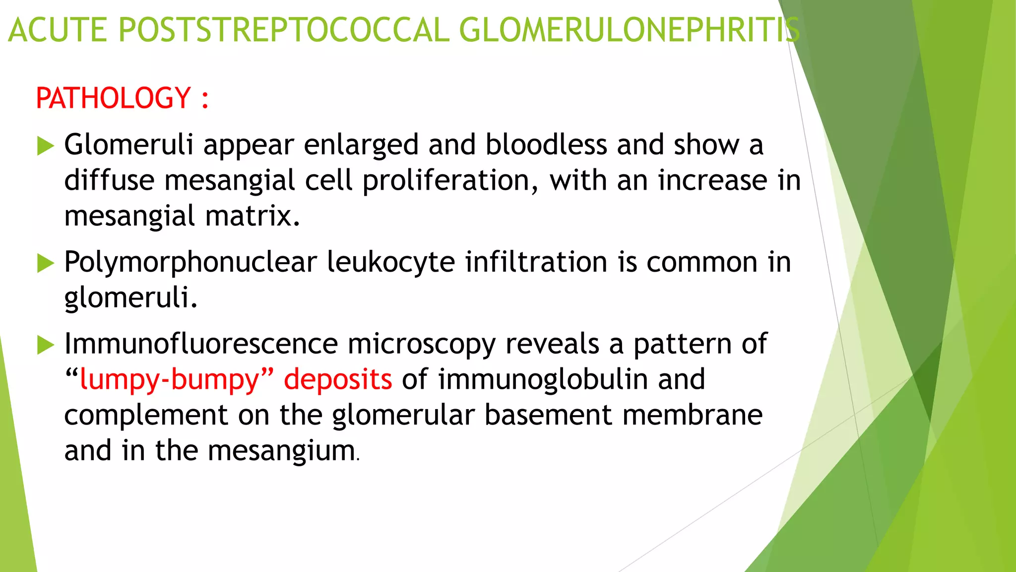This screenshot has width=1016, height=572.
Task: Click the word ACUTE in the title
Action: pyautogui.click(x=58, y=30)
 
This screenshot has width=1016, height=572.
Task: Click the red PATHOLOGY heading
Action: pyautogui.click(x=113, y=98)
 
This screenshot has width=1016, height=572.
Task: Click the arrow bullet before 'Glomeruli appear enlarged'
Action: pyautogui.click(x=46, y=146)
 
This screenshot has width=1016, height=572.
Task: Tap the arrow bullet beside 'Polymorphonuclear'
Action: pyautogui.click(x=46, y=263)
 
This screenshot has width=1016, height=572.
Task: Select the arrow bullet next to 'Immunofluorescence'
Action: pyautogui.click(x=46, y=345)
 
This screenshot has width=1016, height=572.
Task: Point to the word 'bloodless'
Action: pyautogui.click(x=546, y=145)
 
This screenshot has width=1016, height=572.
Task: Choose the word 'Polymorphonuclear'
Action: pyautogui.click(x=190, y=263)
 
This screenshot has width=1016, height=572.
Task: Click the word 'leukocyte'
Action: pyautogui.click(x=390, y=263)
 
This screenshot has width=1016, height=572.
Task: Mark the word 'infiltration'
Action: pyautogui.click(x=536, y=262)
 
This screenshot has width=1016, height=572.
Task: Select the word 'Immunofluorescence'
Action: pyautogui.click(x=201, y=344)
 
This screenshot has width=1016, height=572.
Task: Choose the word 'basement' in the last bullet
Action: pyautogui.click(x=548, y=415)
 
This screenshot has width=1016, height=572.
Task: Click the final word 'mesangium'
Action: pyautogui.click(x=281, y=451)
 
